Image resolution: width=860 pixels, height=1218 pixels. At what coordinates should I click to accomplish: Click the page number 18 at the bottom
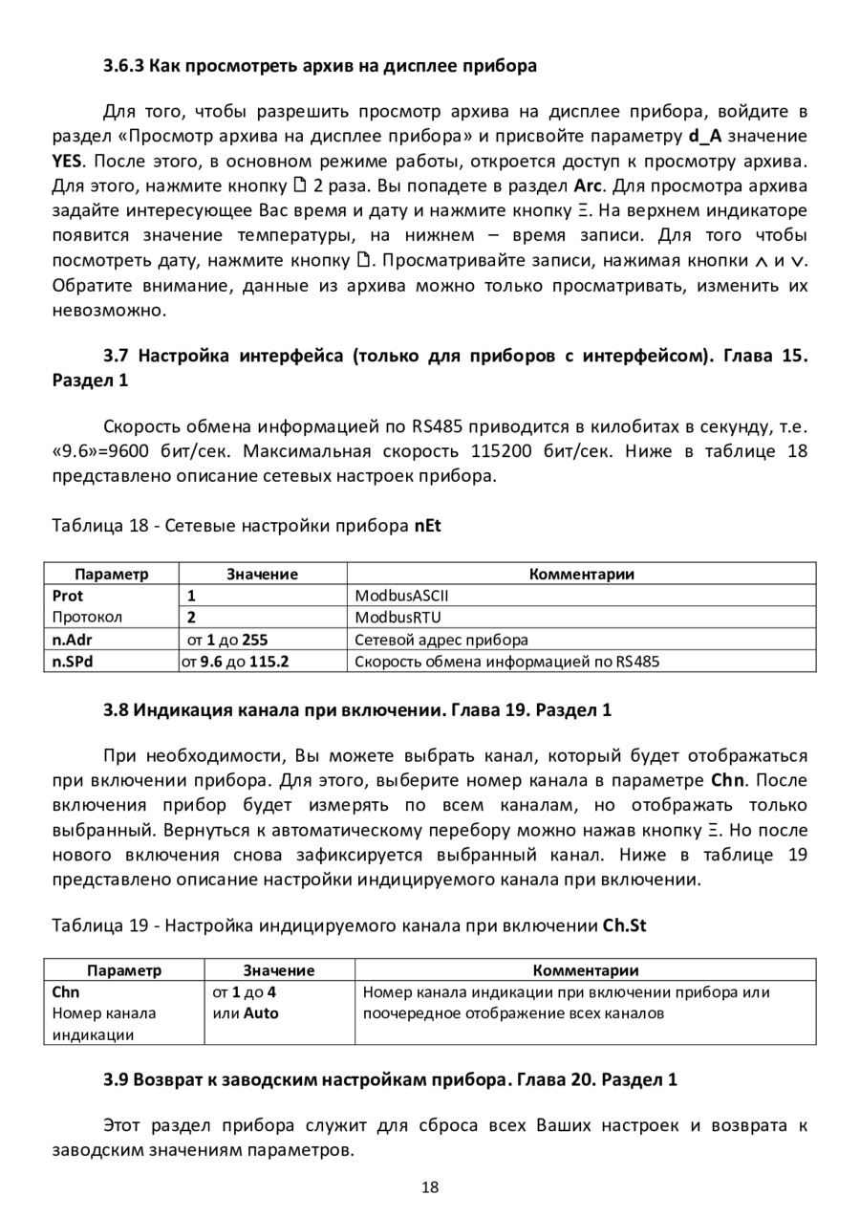tap(430, 1187)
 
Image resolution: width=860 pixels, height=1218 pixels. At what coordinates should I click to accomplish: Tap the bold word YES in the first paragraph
tap(68, 160)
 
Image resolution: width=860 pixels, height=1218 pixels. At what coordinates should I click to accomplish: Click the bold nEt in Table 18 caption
tap(427, 525)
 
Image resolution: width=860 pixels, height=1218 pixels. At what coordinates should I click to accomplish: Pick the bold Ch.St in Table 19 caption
tap(626, 925)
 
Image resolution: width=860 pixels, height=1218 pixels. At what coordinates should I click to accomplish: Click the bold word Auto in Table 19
tap(260, 1013)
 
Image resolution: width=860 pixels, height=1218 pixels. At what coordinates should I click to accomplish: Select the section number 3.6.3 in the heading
tap(122, 66)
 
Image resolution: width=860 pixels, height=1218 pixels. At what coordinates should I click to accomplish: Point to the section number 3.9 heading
tap(116, 1080)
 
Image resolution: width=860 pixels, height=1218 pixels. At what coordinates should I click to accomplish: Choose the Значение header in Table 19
tap(278, 970)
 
